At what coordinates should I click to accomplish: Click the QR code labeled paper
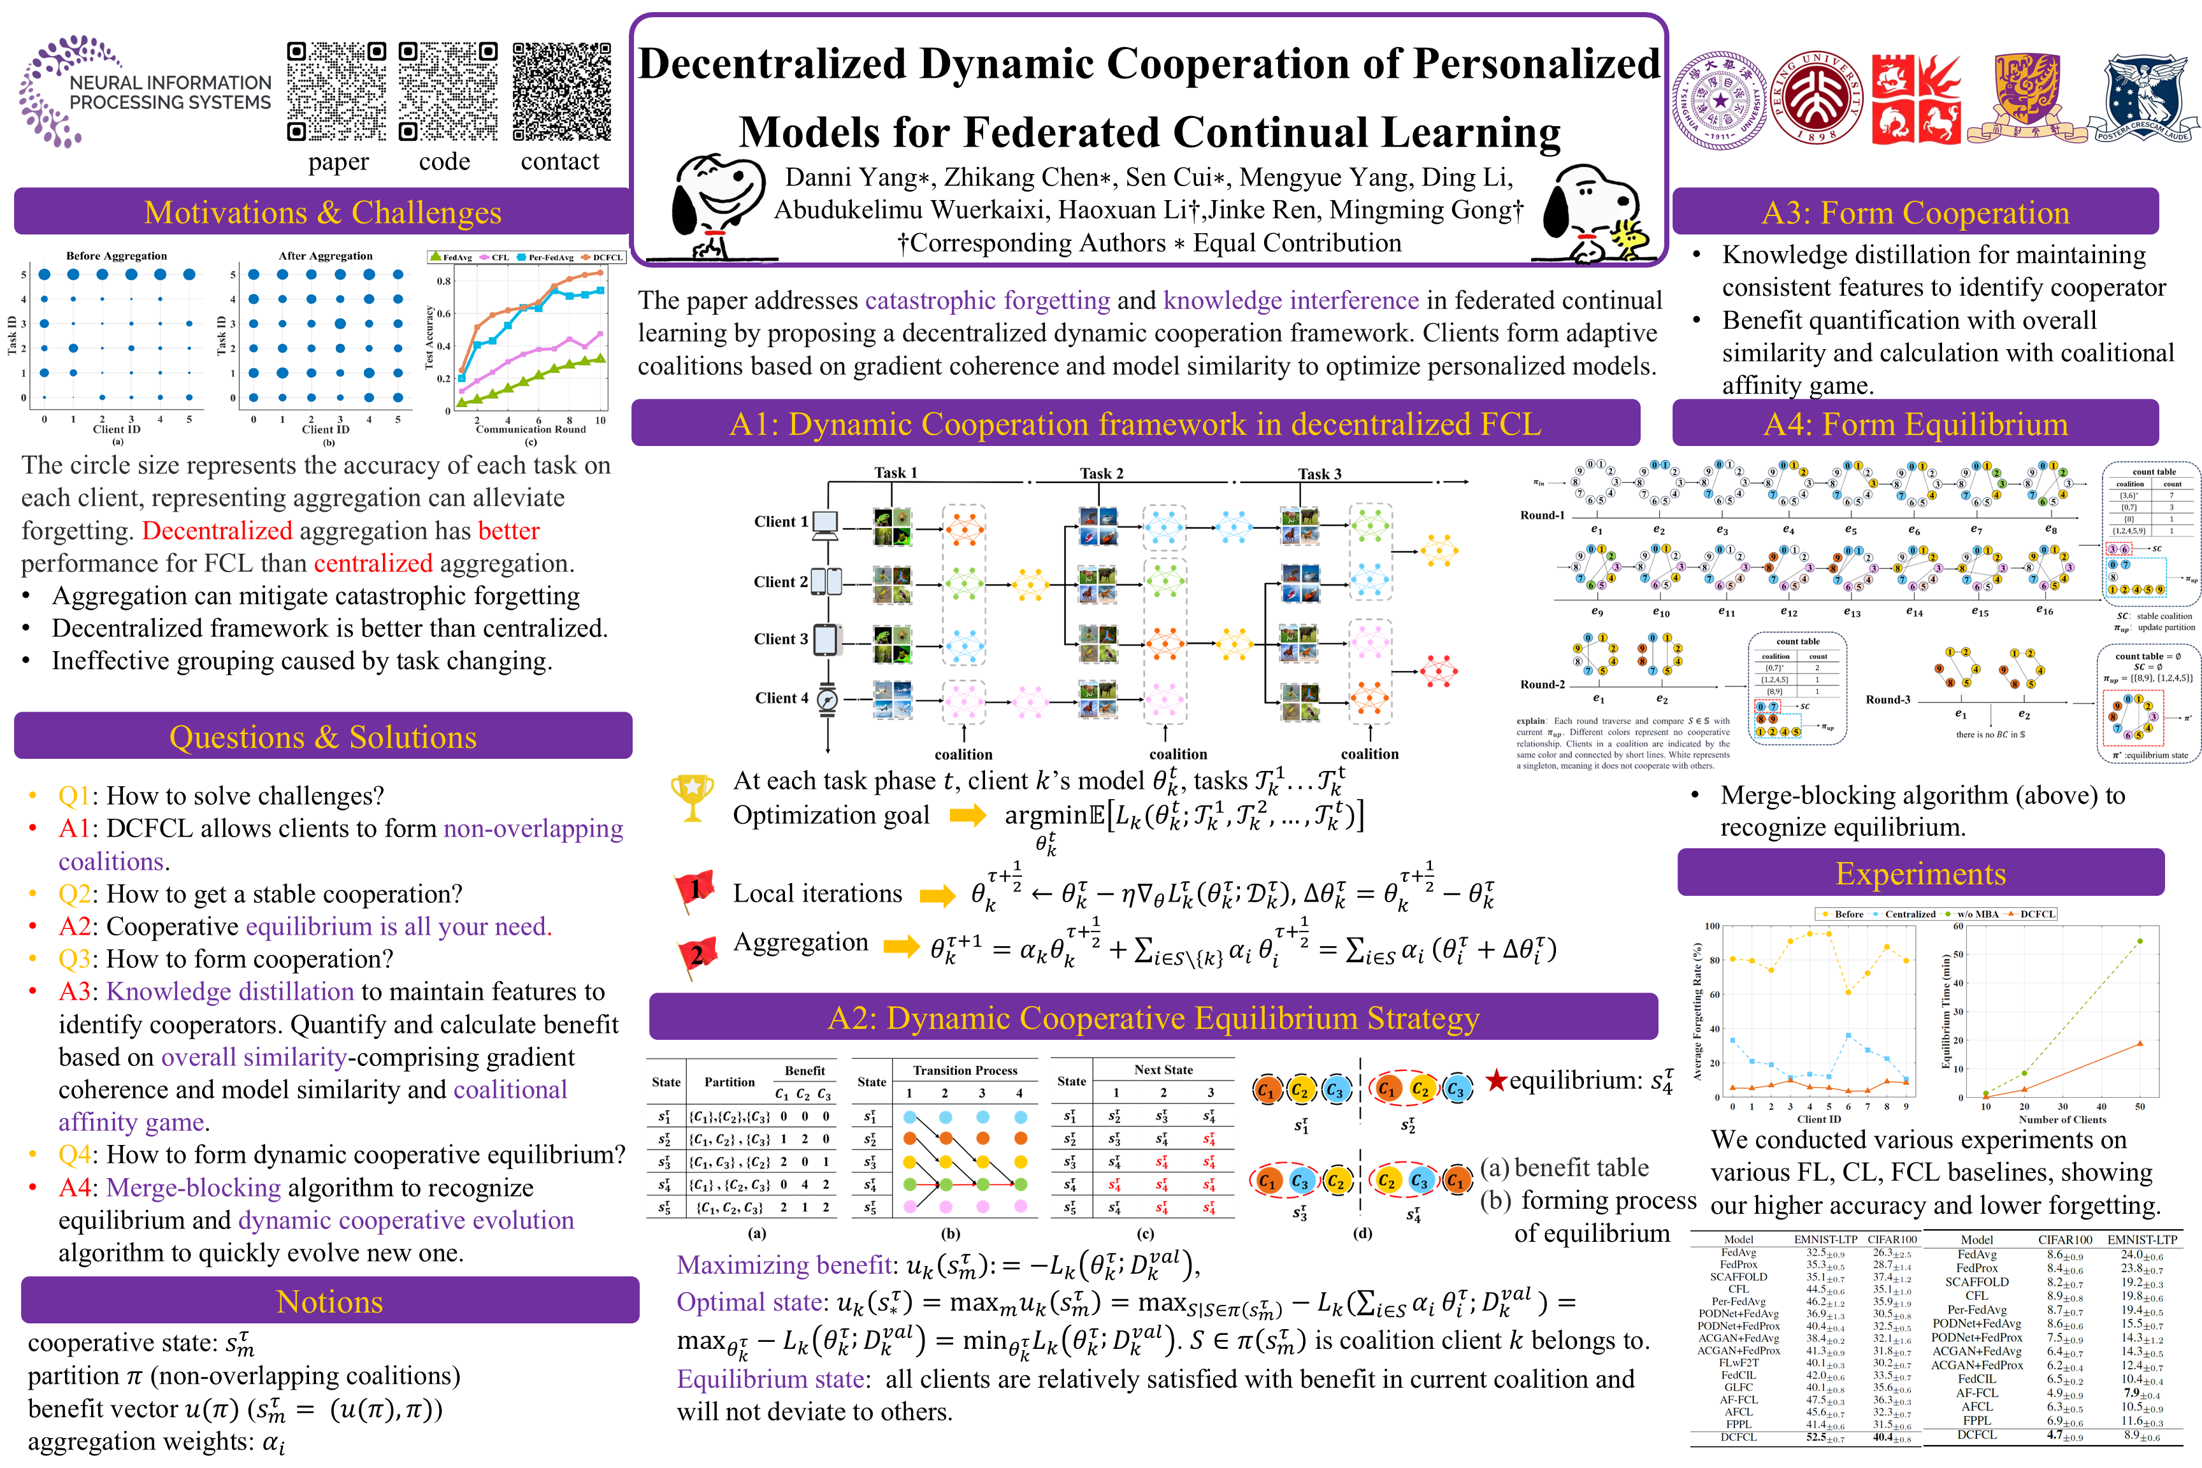point(336,92)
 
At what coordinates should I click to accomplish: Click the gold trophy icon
point(692,796)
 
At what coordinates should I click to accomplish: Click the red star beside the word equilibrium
point(1496,1081)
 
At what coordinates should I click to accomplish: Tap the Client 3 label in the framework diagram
point(780,640)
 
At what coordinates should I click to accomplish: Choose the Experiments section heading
point(1920,874)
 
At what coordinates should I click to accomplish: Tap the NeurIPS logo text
point(169,92)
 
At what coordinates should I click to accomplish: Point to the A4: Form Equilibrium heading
point(1915,424)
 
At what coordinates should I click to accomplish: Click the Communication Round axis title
point(530,429)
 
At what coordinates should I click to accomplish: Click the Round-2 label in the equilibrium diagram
point(1542,684)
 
